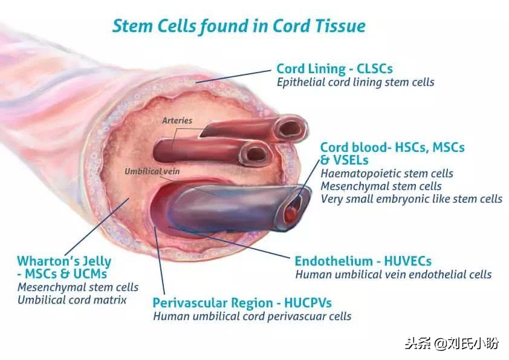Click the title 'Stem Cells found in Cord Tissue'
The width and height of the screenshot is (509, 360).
(239, 26)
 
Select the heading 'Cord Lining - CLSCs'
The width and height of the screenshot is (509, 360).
(334, 68)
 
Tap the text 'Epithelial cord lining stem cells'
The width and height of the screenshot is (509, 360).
(355, 82)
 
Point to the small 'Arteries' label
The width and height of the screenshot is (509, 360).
(177, 120)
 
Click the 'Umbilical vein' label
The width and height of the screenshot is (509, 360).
(152, 171)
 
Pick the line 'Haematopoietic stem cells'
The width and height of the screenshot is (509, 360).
(387, 174)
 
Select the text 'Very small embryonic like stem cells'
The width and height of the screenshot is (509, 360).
(411, 198)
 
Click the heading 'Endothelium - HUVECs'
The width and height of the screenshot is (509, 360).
(363, 261)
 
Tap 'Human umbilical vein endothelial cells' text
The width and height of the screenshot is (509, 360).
(393, 275)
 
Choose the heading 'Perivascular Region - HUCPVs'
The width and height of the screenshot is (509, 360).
(242, 303)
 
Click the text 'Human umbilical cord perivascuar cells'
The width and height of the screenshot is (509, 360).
(252, 316)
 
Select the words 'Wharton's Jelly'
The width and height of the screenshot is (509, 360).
(64, 261)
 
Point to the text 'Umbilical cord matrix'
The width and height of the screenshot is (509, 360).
(72, 299)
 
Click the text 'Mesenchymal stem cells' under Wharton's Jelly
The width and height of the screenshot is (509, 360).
(78, 287)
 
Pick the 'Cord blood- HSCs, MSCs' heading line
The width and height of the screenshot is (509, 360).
(392, 148)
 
